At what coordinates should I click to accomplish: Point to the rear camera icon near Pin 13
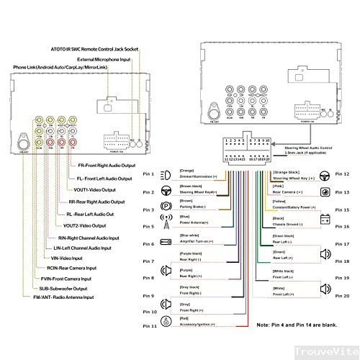[325, 193]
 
